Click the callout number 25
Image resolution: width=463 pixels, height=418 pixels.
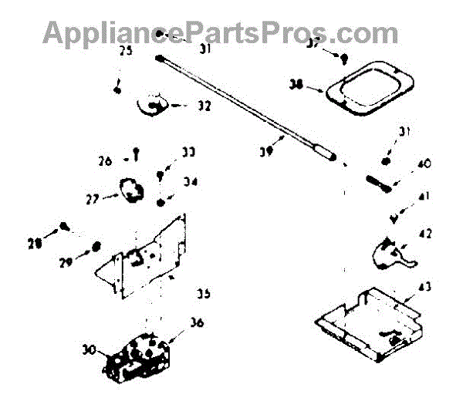(x=125, y=52)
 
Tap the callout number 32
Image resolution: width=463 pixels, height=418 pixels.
(x=203, y=106)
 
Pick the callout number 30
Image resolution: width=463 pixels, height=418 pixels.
(x=89, y=349)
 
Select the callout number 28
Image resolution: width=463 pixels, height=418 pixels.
(x=35, y=244)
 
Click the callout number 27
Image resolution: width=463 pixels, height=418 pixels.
(x=91, y=198)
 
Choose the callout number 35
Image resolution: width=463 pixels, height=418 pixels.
(x=203, y=293)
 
